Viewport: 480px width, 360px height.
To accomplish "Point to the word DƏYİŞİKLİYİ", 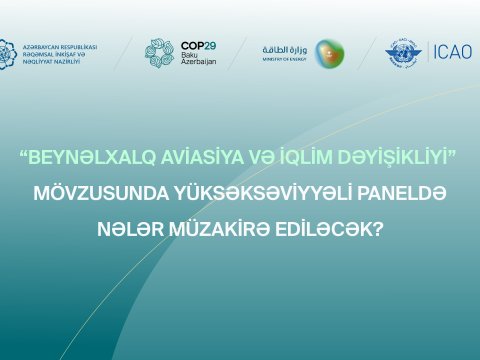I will [390, 158].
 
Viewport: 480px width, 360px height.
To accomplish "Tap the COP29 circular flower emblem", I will [159, 53].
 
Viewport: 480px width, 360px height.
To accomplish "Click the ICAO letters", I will [450, 52].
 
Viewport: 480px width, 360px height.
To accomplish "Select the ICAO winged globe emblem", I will [403, 53].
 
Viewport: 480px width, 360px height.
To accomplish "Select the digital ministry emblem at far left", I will [7, 53].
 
